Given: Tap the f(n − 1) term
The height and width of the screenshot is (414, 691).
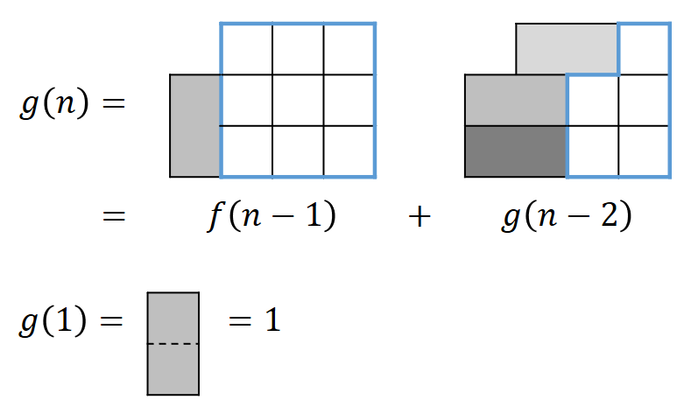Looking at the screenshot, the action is pyautogui.click(x=271, y=216).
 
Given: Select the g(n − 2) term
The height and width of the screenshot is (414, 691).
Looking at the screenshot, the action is pyautogui.click(x=567, y=216).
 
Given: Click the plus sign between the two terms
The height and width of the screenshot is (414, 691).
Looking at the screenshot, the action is pyautogui.click(x=420, y=217).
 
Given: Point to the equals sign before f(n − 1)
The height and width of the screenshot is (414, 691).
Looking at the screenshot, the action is pyautogui.click(x=114, y=217).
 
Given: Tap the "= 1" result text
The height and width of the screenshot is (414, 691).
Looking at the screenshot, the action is pyautogui.click(x=254, y=321).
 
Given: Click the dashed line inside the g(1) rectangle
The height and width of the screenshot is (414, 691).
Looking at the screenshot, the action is pyautogui.click(x=173, y=344).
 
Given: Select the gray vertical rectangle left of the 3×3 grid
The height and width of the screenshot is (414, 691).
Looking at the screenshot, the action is pyautogui.click(x=194, y=126).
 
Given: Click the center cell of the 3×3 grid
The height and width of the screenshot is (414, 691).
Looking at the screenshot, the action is pyautogui.click(x=298, y=100).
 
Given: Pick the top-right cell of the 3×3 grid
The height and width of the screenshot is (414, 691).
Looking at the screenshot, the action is pyautogui.click(x=349, y=49).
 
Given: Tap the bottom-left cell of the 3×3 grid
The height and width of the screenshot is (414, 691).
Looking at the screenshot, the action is pyautogui.click(x=246, y=151).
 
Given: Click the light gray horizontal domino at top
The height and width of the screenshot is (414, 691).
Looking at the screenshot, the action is pyautogui.click(x=567, y=49).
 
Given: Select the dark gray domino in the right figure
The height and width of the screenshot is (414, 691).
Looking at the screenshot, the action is pyautogui.click(x=515, y=151).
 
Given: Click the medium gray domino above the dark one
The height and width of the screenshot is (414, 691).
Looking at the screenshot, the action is pyautogui.click(x=515, y=100).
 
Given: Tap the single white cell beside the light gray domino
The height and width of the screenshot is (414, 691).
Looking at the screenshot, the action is pyautogui.click(x=645, y=49).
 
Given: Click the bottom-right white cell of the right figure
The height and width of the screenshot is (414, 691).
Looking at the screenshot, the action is pyautogui.click(x=645, y=151).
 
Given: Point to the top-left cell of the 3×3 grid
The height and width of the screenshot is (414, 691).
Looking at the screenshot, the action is pyautogui.click(x=246, y=49).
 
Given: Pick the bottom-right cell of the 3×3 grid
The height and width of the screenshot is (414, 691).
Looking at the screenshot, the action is pyautogui.click(x=349, y=151).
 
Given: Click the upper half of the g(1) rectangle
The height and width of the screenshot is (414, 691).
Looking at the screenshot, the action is pyautogui.click(x=173, y=319).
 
